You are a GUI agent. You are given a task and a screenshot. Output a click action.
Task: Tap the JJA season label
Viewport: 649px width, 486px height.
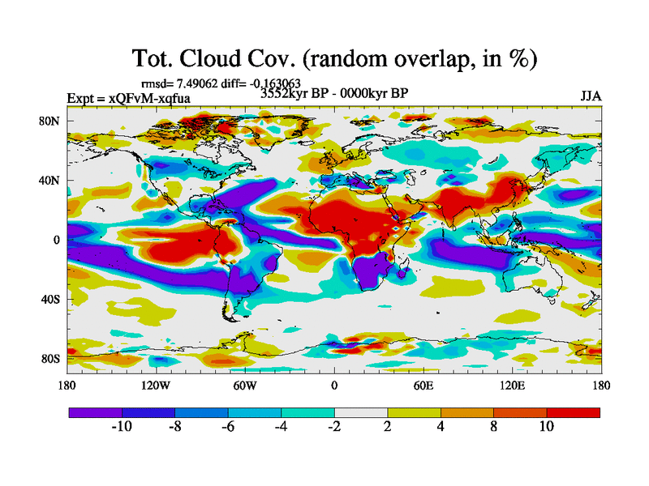(x=591, y=96)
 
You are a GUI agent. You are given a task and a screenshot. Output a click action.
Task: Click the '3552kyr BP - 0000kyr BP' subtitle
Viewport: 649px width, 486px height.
(x=333, y=93)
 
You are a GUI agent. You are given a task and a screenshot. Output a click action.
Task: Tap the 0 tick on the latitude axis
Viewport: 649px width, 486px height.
(x=58, y=240)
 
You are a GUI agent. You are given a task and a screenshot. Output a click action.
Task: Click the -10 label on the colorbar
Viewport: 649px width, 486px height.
(x=122, y=426)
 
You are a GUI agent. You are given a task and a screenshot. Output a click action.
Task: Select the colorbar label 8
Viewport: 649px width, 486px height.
(x=493, y=426)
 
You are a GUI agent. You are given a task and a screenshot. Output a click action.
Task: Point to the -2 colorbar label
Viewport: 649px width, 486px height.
(x=334, y=426)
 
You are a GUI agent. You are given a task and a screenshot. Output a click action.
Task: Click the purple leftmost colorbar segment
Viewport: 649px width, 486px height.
(x=95, y=412)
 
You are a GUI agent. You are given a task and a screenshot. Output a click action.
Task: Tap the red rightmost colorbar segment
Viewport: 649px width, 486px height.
(x=574, y=412)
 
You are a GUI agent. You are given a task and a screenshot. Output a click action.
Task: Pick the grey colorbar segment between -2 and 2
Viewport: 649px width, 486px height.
(x=361, y=412)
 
